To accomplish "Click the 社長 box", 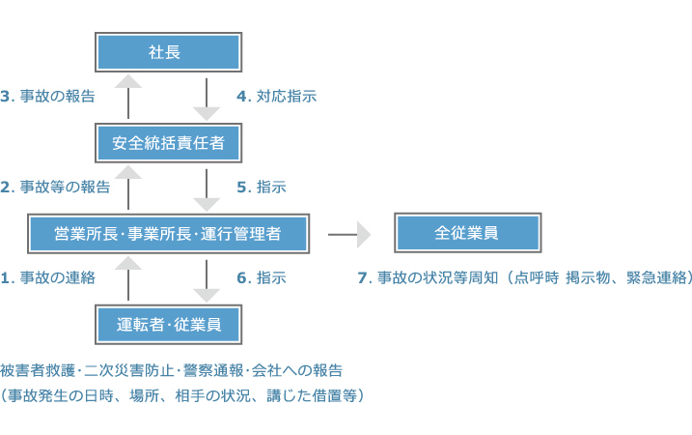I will coord(167,52).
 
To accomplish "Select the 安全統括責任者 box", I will coord(167,144).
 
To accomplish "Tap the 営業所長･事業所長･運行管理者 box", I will coord(167,233).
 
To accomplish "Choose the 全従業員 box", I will coord(466,233).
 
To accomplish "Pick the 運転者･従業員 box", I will coord(167,324).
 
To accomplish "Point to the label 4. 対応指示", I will coord(276,97).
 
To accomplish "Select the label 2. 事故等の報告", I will coord(55,187).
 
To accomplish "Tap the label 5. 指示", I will coord(261,187).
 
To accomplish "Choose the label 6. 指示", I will coord(261,277).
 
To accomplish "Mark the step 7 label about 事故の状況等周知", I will coord(525,277).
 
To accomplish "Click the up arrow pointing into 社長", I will coord(127,96).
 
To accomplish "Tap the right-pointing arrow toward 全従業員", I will coord(350,234).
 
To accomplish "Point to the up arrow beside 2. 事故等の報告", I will coord(127,186).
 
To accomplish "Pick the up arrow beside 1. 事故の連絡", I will coord(127,276).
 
